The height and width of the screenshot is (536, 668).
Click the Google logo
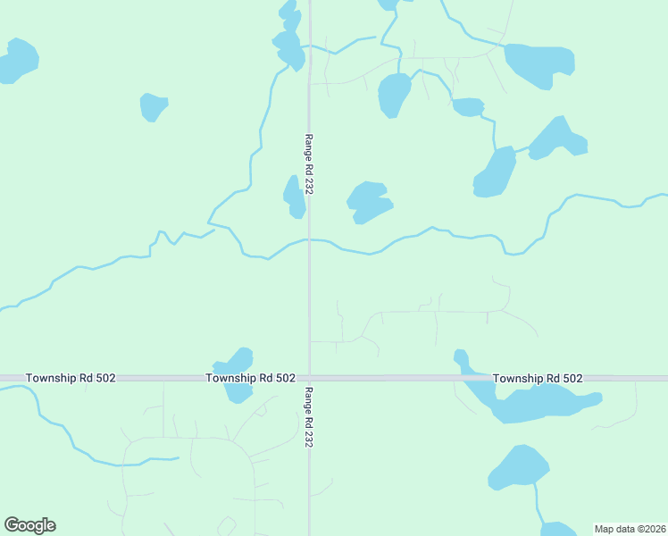[29, 525]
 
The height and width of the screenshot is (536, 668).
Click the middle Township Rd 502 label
[250, 379]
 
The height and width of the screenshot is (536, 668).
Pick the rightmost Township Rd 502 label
[538, 379]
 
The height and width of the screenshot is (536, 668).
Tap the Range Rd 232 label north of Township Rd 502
[309, 164]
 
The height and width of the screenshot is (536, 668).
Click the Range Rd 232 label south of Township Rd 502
[309, 417]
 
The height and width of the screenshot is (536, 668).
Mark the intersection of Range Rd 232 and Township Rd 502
[309, 379]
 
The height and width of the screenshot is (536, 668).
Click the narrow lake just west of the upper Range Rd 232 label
[293, 197]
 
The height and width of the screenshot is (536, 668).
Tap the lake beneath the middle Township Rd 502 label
[238, 391]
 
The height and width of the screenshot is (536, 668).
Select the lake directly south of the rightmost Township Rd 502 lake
[520, 467]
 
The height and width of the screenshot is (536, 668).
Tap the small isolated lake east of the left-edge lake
[153, 106]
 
